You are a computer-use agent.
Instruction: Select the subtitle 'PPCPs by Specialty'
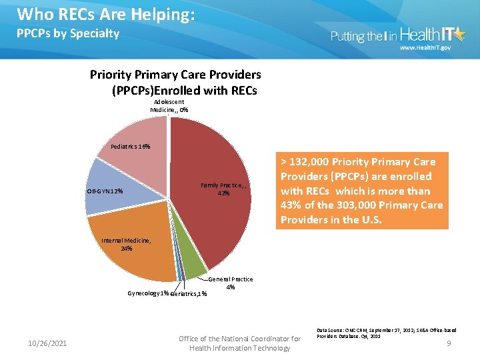(x=68, y=33)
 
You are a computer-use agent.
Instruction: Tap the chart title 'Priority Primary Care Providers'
(x=175, y=74)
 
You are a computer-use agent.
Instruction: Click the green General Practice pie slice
(x=193, y=267)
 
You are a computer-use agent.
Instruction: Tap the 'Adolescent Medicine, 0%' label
(x=169, y=106)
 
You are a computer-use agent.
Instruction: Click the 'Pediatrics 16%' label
(x=130, y=147)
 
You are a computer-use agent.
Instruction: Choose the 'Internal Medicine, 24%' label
(x=126, y=245)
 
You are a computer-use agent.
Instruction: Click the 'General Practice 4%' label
(x=231, y=283)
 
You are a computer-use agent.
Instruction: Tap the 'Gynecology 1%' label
(x=147, y=293)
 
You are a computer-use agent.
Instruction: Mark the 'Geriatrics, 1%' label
(x=189, y=294)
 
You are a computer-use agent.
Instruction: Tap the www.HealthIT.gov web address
(x=425, y=49)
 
